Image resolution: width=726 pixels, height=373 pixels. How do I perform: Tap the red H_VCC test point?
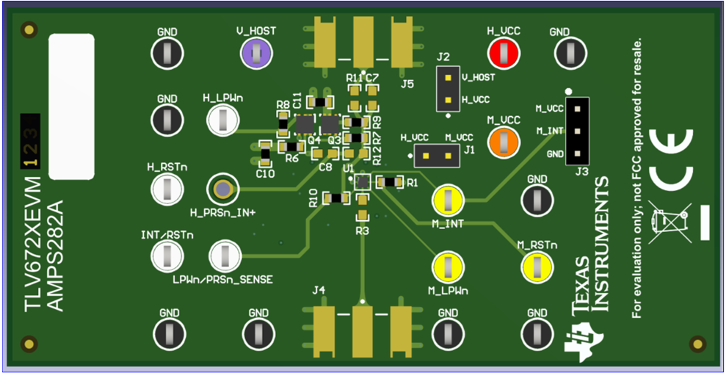[x=504, y=52]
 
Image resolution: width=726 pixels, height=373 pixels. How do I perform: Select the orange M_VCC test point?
[x=504, y=140]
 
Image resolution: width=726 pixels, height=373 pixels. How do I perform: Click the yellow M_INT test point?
[x=448, y=200]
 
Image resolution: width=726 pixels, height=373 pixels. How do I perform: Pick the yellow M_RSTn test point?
[x=537, y=267]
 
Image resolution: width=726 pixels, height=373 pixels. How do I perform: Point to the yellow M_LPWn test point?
[x=448, y=267]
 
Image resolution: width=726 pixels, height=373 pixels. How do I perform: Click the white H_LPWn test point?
[x=222, y=120]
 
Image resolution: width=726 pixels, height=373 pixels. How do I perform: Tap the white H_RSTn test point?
[x=167, y=189]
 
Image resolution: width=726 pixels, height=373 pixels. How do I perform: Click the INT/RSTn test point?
[x=167, y=256]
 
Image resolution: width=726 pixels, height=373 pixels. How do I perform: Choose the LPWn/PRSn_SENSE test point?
[x=224, y=256]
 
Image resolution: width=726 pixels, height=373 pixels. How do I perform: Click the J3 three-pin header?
[x=578, y=131]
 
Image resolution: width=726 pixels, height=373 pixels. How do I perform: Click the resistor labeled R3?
[x=362, y=215]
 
